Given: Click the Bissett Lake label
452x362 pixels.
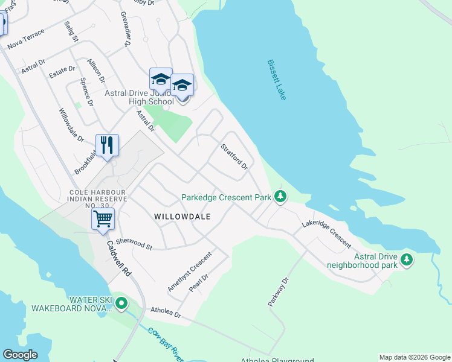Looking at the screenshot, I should (x=277, y=80).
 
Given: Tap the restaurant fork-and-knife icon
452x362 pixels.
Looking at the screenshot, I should (x=107, y=145).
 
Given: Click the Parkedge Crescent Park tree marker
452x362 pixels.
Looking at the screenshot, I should (x=280, y=196).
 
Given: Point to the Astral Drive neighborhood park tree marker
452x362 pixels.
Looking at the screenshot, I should (x=407, y=259).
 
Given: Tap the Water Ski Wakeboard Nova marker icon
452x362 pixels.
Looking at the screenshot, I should (x=121, y=303).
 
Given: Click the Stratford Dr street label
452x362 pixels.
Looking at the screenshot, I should (x=234, y=156).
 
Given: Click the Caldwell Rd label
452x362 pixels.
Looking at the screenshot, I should (x=118, y=259).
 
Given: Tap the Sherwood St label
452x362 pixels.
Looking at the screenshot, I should (x=134, y=243).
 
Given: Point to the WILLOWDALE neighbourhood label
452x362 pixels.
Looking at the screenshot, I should (x=182, y=216).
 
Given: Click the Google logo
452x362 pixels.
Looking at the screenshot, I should (x=20, y=355).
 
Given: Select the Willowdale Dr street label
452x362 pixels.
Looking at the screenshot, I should (x=71, y=125).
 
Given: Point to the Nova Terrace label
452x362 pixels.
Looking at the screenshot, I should (x=25, y=39).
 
